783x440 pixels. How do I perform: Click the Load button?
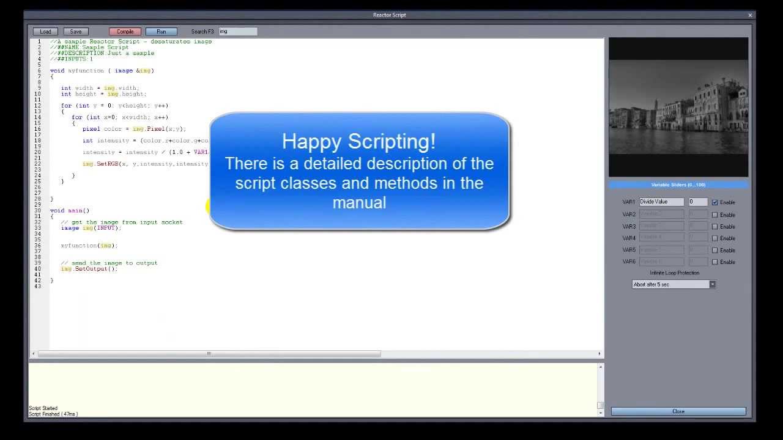pos(45,31)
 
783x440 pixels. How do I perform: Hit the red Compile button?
pos(125,31)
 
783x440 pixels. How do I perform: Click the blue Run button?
pos(161,31)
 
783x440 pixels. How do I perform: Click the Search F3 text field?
pos(238,31)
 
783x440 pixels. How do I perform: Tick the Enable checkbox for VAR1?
pos(714,202)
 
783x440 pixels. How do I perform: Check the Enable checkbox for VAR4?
pos(714,238)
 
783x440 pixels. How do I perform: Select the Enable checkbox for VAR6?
pos(714,262)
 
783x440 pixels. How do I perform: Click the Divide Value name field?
pos(661,202)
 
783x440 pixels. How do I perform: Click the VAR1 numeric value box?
pos(698,202)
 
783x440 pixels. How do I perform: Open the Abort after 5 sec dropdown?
pos(712,284)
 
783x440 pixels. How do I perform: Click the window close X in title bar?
pos(750,15)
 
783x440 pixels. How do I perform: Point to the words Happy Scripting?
pos(358,142)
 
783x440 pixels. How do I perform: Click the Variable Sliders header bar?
pos(678,185)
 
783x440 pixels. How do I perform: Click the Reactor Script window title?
pos(390,15)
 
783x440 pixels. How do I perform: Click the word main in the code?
pos(75,211)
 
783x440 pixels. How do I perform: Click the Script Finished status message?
pos(53,414)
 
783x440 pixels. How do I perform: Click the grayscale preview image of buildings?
pos(678,108)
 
